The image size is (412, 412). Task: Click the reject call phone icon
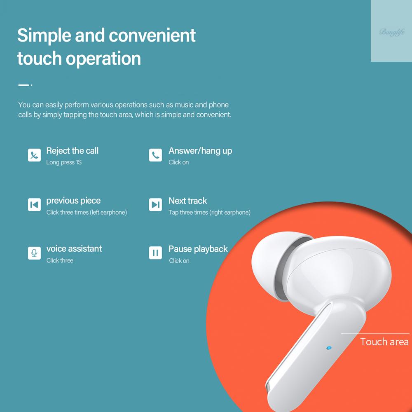(x=34, y=155)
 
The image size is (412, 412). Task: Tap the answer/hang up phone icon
(x=155, y=155)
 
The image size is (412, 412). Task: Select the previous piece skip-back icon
(x=34, y=205)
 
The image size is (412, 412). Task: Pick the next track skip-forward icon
(x=155, y=205)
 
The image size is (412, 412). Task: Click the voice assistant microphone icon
(x=34, y=253)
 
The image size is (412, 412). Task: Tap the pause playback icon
(x=155, y=253)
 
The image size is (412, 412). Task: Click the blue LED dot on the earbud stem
(x=329, y=348)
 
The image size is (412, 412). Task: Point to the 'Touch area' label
(x=384, y=342)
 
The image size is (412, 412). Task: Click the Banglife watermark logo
(x=392, y=32)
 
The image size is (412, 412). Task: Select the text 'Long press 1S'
(x=64, y=162)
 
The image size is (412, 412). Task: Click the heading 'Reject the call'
(x=72, y=150)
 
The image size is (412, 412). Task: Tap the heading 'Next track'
(x=187, y=201)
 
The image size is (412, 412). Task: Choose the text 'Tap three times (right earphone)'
(x=209, y=212)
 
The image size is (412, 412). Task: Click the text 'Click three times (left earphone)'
(x=87, y=212)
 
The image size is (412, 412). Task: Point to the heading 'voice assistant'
(x=74, y=248)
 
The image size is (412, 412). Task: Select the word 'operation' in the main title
(x=103, y=59)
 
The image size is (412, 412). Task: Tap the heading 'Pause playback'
(x=198, y=249)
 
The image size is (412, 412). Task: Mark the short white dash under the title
(x=23, y=85)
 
